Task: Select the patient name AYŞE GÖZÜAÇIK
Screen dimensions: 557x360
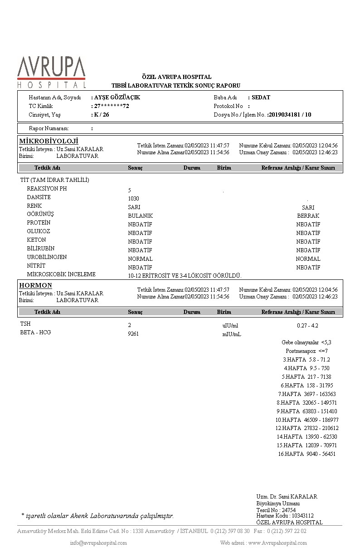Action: tap(117, 98)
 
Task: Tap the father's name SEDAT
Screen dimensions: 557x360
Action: tap(261, 98)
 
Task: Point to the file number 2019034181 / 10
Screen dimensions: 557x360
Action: tap(290, 115)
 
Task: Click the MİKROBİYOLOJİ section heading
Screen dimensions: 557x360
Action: tap(49, 141)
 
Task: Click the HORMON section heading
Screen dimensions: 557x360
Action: tap(35, 285)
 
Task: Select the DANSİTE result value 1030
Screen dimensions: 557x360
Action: tap(133, 199)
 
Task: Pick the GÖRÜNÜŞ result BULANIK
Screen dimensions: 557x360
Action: tap(140, 216)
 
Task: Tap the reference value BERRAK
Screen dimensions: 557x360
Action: tap(308, 216)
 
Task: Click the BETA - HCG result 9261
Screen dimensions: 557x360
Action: tap(133, 334)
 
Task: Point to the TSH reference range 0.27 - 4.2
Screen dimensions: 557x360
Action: tap(307, 326)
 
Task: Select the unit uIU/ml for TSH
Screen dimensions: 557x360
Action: tap(230, 326)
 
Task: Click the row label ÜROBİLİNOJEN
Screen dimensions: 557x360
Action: tap(47, 257)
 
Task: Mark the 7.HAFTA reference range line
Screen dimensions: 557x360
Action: tap(307, 394)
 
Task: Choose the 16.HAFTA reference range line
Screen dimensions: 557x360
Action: tap(307, 454)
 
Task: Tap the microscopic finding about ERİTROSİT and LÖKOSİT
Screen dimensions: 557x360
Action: tap(185, 276)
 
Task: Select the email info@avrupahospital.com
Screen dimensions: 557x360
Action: tap(98, 543)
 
